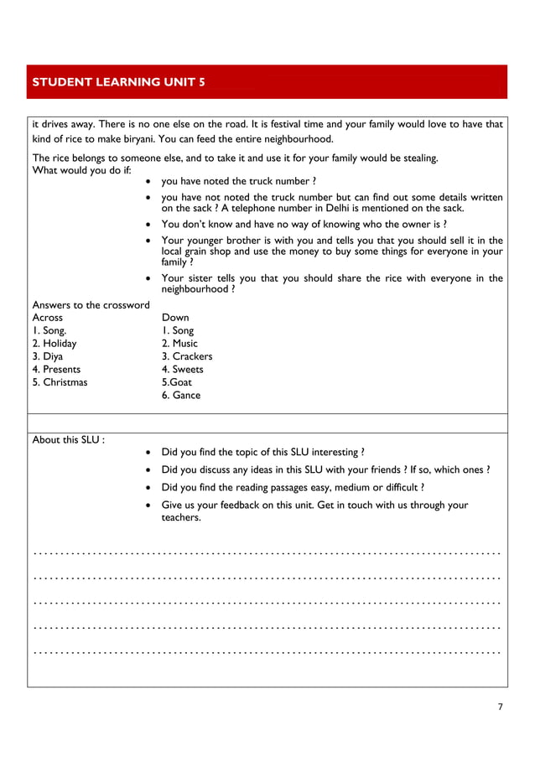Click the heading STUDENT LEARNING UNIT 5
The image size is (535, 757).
coord(117,82)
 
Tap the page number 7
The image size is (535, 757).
coord(501,707)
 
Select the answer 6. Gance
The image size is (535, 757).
coord(181,395)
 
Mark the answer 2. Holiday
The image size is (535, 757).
coord(55,343)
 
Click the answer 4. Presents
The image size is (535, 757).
coord(56,369)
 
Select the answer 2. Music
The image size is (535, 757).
coord(179,343)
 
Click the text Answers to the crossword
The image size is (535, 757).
coord(91,304)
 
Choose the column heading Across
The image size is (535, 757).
coord(47,318)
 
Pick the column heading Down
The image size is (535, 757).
coord(175,318)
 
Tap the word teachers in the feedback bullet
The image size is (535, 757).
coord(181,518)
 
